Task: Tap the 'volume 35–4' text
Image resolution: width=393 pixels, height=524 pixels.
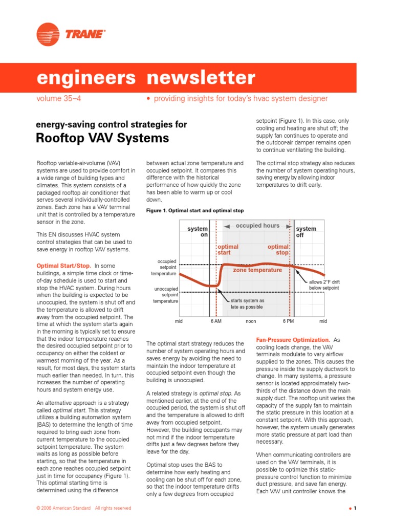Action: [58, 98]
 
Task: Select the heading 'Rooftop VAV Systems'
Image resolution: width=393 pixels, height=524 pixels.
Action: [102, 138]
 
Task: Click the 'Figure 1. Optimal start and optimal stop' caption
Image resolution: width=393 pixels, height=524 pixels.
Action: [195, 210]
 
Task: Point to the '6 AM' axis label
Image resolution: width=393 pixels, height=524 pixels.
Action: [216, 321]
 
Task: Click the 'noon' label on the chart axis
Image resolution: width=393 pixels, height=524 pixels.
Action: [251, 321]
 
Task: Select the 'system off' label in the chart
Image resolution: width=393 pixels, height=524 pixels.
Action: [306, 232]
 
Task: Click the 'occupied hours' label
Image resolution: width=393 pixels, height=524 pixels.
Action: [257, 226]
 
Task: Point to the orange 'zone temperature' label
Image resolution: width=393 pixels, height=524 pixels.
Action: [257, 270]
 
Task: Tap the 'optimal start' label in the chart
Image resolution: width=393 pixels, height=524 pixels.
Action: [228, 250]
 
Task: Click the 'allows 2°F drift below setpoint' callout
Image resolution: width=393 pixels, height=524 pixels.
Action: [324, 285]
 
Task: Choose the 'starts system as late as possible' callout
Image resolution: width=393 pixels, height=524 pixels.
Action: [247, 303]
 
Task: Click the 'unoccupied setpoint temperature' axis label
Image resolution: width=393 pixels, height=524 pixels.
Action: [166, 295]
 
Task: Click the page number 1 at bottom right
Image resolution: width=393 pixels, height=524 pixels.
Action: [354, 508]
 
